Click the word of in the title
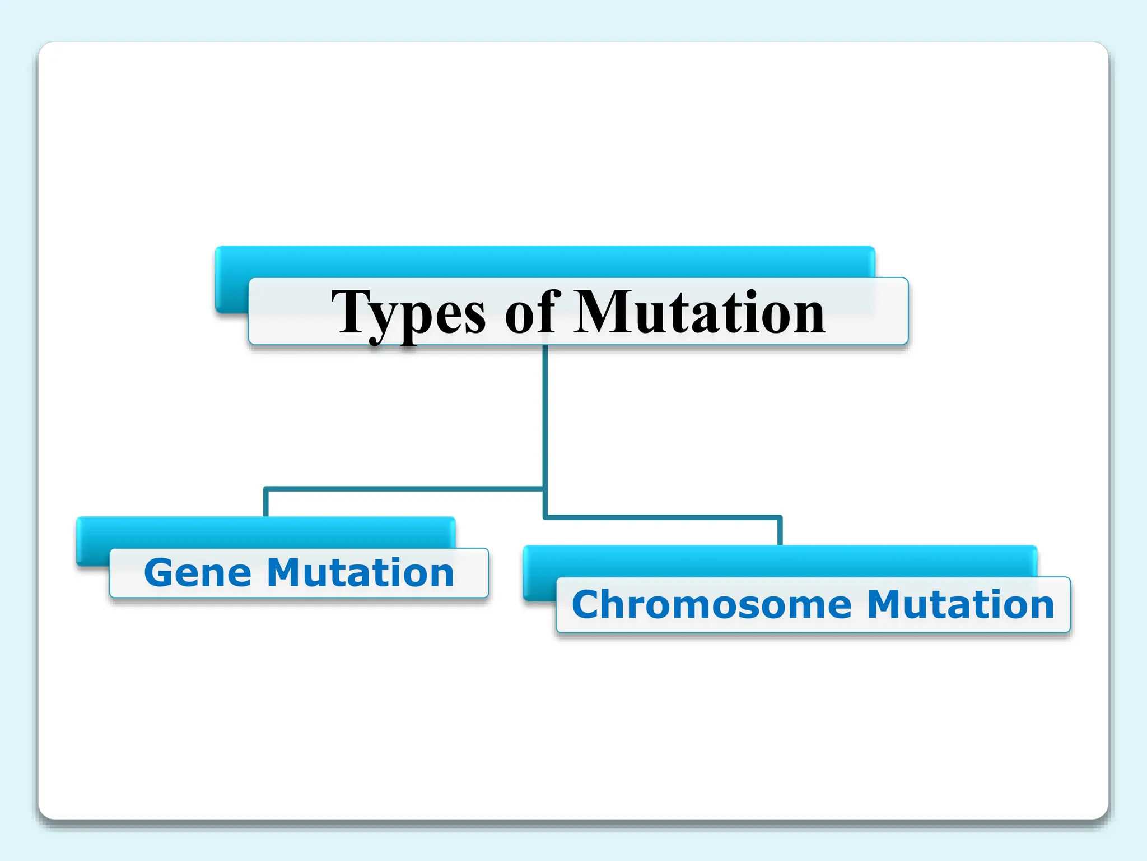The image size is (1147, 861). click(x=532, y=313)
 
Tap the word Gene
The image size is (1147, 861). click(x=198, y=573)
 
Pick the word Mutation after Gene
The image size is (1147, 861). click(x=360, y=573)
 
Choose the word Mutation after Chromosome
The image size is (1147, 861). click(x=961, y=605)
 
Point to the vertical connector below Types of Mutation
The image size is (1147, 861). click(x=545, y=415)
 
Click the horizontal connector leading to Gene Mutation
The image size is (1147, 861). click(x=403, y=489)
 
